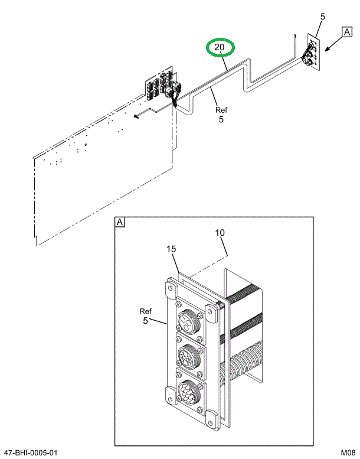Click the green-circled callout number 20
pyautogui.click(x=220, y=47)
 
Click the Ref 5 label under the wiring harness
pyautogui.click(x=221, y=115)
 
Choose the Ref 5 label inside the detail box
pyautogui.click(x=146, y=316)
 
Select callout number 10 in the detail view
pyautogui.click(x=220, y=233)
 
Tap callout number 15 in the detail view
pyautogui.click(x=171, y=250)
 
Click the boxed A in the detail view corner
pyautogui.click(x=120, y=223)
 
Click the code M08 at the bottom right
pyautogui.click(x=347, y=453)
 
